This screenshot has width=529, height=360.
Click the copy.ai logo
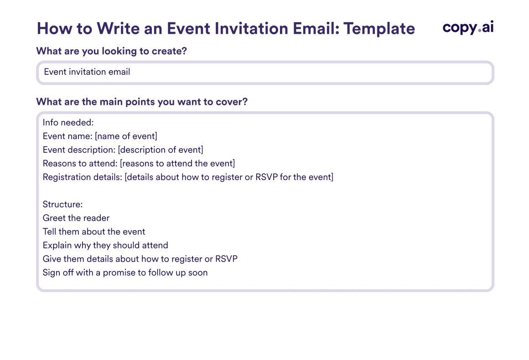(x=468, y=27)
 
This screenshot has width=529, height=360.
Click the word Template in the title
(x=379, y=29)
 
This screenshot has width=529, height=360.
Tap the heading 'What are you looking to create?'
(x=111, y=51)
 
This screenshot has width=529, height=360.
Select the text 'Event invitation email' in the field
(x=87, y=72)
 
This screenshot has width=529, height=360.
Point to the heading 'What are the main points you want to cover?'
(x=142, y=102)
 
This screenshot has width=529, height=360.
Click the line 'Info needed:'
(x=68, y=123)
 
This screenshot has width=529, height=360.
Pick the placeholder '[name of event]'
(x=126, y=136)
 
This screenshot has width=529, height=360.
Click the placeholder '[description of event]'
(x=161, y=149)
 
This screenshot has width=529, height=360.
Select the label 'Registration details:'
(x=83, y=177)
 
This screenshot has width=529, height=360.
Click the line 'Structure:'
(x=63, y=204)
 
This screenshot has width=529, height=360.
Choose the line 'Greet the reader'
(x=76, y=218)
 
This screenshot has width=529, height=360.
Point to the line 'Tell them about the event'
(x=94, y=231)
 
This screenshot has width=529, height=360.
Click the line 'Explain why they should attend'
(x=105, y=246)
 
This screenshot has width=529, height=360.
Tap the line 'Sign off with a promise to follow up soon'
(x=125, y=273)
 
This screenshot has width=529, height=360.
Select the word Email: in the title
(x=316, y=29)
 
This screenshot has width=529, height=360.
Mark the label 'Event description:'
(x=79, y=150)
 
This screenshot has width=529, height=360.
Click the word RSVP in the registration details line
(x=266, y=177)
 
